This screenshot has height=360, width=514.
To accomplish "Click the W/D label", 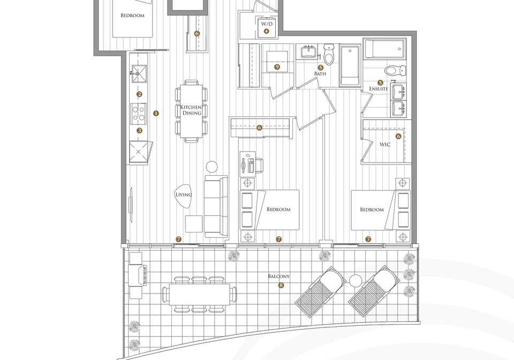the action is coord(267,24).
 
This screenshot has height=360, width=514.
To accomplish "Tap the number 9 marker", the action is coord(277,67).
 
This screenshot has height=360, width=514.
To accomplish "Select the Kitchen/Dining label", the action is coord(192,110).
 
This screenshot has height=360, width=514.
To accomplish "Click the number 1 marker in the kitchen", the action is coord(156,114).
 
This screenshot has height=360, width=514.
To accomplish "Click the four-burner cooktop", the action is coord(139,114).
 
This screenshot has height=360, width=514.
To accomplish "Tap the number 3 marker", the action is coord(140,131).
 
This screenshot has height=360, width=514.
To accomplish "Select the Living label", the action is coord(184,195).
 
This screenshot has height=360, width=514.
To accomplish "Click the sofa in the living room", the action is coord(216,207).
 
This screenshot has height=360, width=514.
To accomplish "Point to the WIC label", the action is coord(385,144).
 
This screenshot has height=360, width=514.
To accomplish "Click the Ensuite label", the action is coord(379,89).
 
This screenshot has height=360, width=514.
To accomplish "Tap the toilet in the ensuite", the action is coord(395,70).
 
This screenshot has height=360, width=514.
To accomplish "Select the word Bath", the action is coord(320,74).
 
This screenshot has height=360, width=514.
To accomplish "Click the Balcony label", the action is coord(279,276).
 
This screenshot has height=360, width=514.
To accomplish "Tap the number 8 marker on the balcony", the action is coord(281,285).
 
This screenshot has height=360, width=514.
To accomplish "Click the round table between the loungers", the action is coord(356,281).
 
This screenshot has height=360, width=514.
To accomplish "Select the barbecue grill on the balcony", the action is coord(138,275).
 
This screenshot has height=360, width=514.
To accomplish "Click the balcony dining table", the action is coord(199,295).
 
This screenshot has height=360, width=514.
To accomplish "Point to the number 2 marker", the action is coord(139,94).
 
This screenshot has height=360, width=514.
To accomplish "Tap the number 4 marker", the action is coord(266,32).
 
